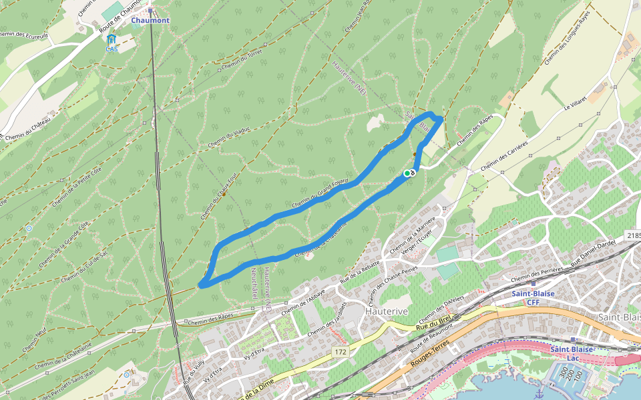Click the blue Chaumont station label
point(150,21)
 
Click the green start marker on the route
point(407,173)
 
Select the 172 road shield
point(341,351)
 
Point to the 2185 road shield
point(634,236)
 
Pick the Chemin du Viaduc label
point(228,137)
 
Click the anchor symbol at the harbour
point(538,395)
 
